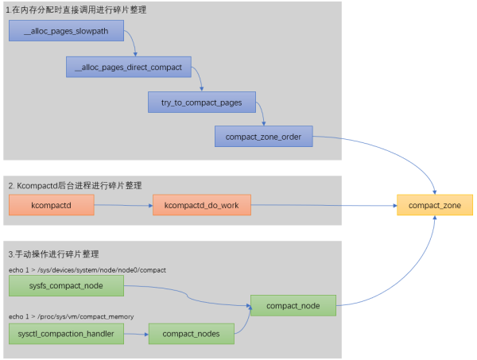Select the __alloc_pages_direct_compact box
pos(127,68)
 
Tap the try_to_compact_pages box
pos(200,103)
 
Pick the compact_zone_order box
pos(264,137)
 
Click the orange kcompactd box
pos(52,206)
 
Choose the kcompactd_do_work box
pos(201,206)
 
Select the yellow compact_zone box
pos(434,206)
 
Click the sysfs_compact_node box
pos(67,286)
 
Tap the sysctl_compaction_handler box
pos(67,334)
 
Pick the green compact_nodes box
pos(191,334)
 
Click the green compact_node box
pos(293,304)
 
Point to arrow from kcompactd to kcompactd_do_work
pos(123,206)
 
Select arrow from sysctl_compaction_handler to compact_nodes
pos(136,334)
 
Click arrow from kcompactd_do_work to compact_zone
pos(322,206)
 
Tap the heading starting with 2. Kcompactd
pos(74,185)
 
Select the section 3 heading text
pos(52,254)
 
